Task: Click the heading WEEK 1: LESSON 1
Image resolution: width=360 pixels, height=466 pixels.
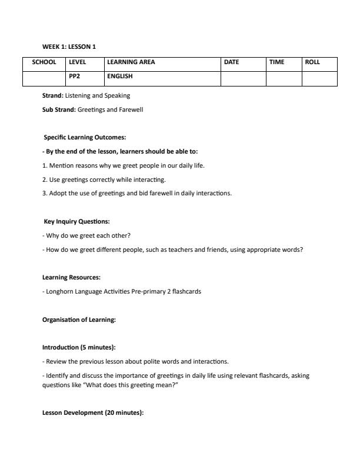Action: pyautogui.click(x=69, y=46)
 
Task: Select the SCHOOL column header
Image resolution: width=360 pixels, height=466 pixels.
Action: pyautogui.click(x=44, y=62)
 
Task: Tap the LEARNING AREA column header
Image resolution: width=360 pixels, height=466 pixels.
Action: pyautogui.click(x=131, y=62)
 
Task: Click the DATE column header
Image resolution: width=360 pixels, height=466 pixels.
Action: pyautogui.click(x=232, y=62)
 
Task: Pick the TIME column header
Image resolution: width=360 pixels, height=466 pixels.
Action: pyautogui.click(x=277, y=62)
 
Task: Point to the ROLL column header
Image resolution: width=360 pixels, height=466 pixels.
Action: pyautogui.click(x=312, y=62)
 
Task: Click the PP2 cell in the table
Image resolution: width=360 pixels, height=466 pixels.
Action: pyautogui.click(x=74, y=76)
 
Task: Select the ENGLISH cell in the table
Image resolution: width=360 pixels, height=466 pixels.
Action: pyautogui.click(x=120, y=76)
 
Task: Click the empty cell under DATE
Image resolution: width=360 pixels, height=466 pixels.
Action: pyautogui.click(x=243, y=78)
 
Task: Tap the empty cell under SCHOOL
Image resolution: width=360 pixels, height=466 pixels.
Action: pyautogui.click(x=44, y=78)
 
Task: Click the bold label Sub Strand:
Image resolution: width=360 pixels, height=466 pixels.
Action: pyautogui.click(x=59, y=109)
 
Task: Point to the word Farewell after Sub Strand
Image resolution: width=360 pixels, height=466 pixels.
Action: pyautogui.click(x=132, y=109)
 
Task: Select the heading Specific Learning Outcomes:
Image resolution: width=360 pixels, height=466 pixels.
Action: pyautogui.click(x=81, y=137)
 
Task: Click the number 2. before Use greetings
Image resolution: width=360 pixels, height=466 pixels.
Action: pyautogui.click(x=45, y=179)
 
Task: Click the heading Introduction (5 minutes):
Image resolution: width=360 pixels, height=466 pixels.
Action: pyautogui.click(x=79, y=348)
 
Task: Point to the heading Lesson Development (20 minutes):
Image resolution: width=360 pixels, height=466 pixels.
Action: pyautogui.click(x=93, y=413)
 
